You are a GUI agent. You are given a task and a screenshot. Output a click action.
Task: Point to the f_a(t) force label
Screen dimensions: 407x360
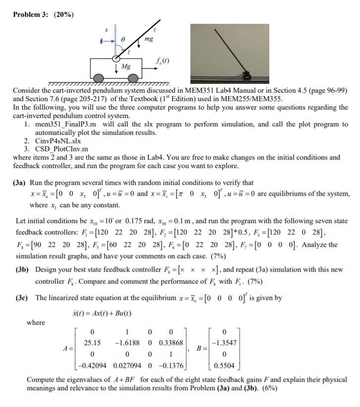pyautogui.click(x=162, y=61)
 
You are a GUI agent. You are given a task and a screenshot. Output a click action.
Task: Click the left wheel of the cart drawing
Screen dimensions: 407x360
pyautogui.click(x=100, y=78)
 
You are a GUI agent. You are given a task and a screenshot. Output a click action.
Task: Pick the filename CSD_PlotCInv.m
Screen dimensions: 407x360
pyautogui.click(x=62, y=149)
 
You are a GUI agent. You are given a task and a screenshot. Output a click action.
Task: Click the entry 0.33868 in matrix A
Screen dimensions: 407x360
pyautogui.click(x=172, y=342)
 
